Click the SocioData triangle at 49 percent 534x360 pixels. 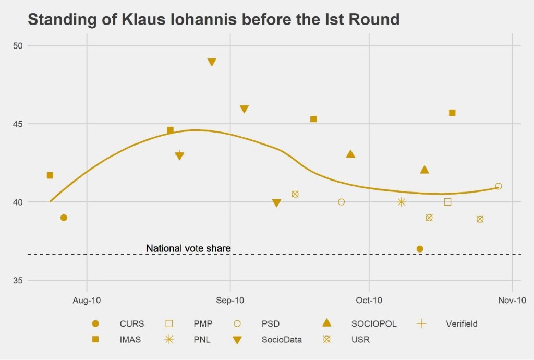(212, 62)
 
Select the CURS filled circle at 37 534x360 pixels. (420, 249)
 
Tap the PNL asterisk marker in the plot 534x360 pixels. (401, 202)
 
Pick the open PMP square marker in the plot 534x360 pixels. (447, 202)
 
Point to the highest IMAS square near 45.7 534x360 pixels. (452, 113)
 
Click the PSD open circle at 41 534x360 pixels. (499, 186)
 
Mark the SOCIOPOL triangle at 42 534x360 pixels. (424, 170)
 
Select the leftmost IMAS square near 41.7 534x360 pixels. (50, 175)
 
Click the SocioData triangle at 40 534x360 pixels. (276, 203)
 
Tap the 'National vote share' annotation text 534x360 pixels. (188, 248)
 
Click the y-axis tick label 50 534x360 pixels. (18, 45)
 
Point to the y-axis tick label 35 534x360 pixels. (18, 280)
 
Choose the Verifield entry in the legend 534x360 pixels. (462, 323)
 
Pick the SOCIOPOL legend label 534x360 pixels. (374, 323)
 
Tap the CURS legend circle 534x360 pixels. (95, 323)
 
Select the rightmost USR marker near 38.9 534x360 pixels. (480, 219)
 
